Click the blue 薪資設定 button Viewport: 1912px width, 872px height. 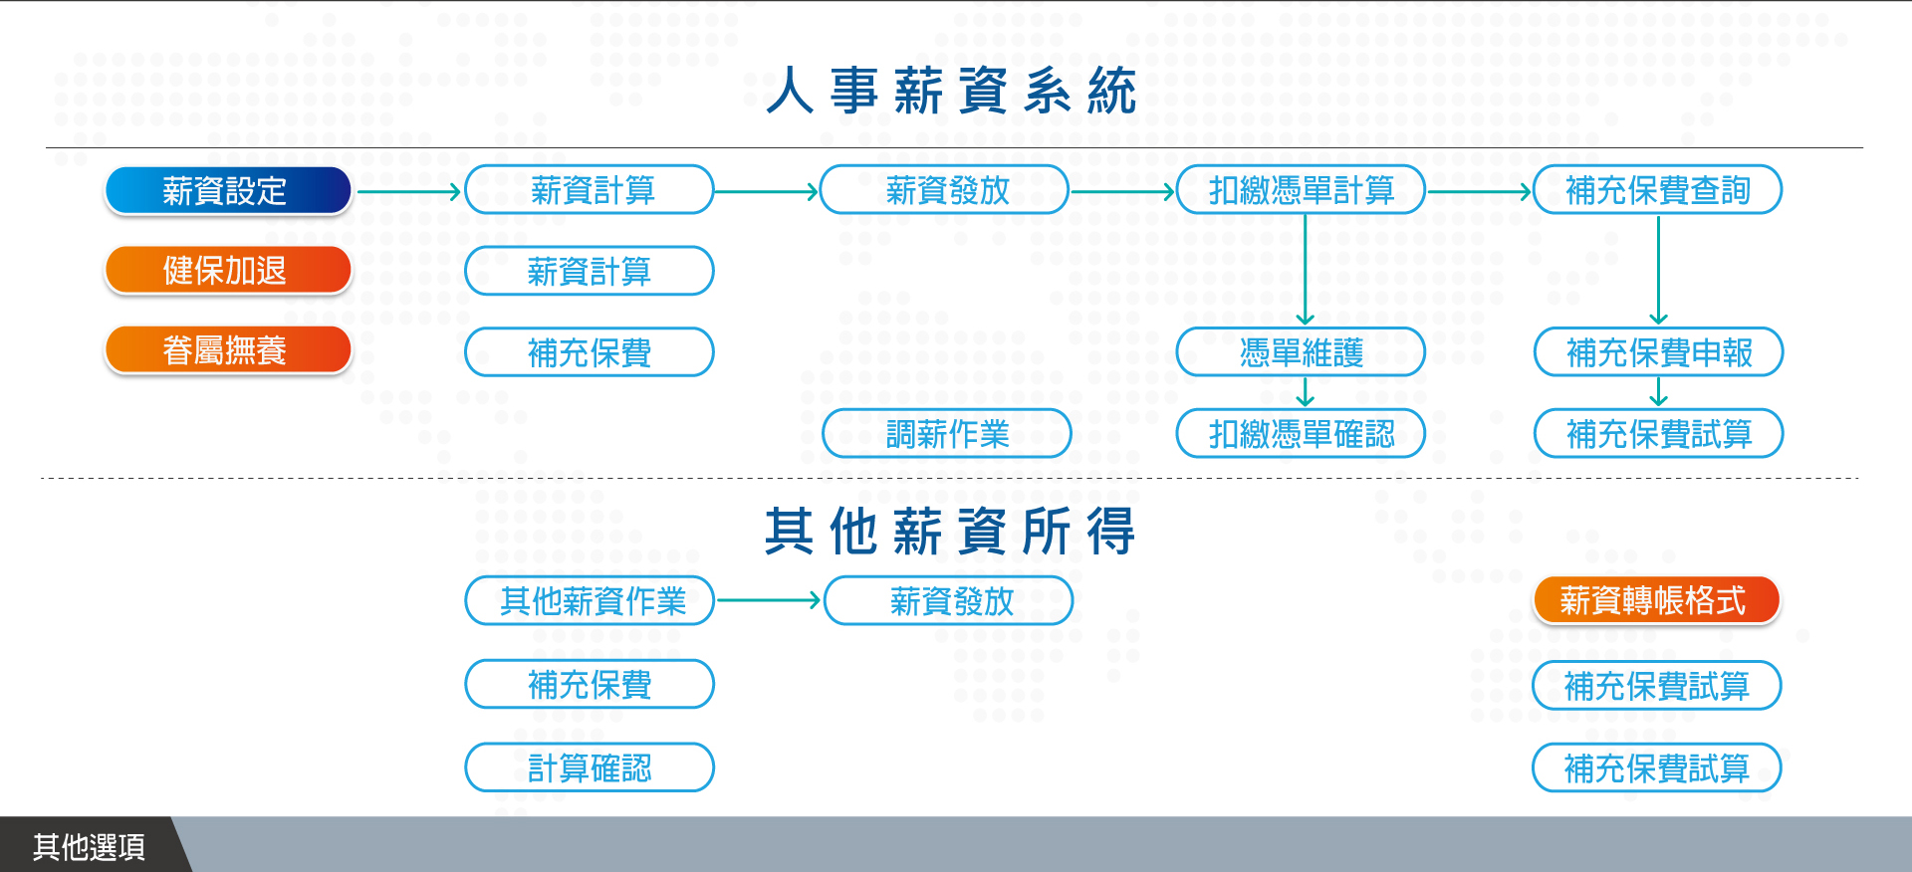click(228, 190)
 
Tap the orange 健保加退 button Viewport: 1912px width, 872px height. click(228, 270)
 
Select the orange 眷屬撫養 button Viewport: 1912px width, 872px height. click(228, 350)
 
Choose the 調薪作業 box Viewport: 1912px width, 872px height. click(947, 433)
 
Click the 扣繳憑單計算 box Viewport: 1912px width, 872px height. click(1301, 189)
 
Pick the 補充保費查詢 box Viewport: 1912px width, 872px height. click(1658, 189)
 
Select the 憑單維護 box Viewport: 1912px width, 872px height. click(1301, 351)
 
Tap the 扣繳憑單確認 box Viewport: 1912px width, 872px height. click(1301, 433)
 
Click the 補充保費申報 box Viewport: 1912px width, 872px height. click(1658, 351)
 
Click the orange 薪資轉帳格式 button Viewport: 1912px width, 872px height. click(1656, 600)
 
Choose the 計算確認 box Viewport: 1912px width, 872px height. click(590, 767)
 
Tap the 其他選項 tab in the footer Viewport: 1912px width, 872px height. click(90, 846)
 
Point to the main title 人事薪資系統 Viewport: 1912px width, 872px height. click(953, 92)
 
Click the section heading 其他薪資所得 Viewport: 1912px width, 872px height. click(951, 532)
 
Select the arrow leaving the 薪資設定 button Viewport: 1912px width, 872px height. click(408, 191)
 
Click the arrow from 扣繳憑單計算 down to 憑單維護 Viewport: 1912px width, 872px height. click(1306, 270)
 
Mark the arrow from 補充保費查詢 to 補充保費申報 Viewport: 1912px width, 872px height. click(1658, 271)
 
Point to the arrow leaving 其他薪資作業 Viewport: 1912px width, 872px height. click(768, 600)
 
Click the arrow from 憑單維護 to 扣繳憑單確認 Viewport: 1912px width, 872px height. click(1306, 392)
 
